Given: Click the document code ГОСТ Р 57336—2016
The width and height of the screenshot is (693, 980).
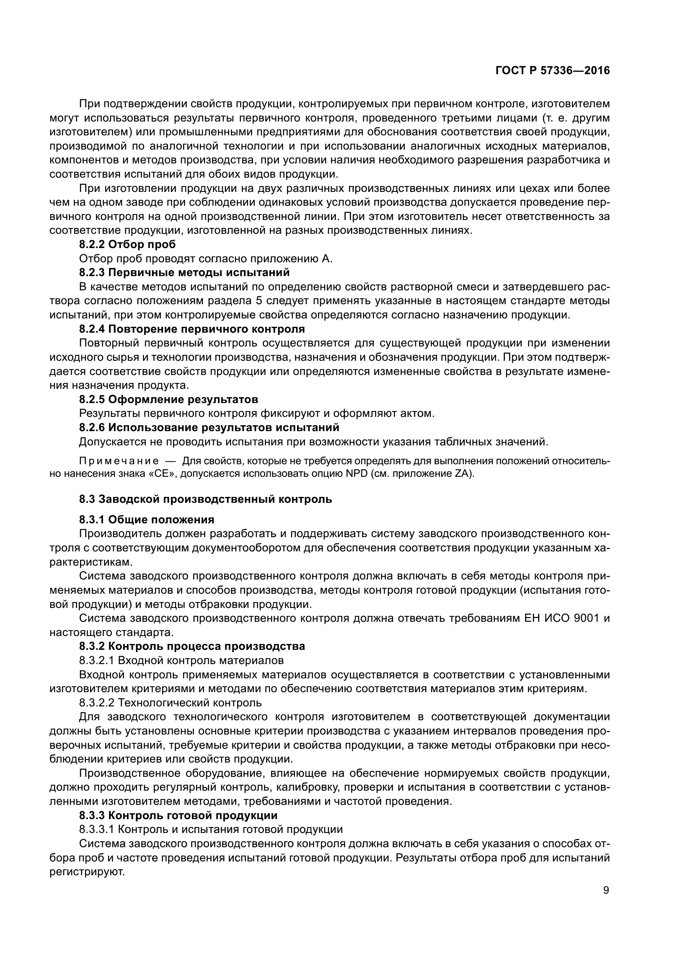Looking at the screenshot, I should click(x=553, y=71).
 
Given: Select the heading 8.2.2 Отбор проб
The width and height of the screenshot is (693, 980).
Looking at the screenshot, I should click(x=127, y=245).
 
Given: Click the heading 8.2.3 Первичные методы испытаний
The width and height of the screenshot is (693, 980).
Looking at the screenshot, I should click(x=184, y=272).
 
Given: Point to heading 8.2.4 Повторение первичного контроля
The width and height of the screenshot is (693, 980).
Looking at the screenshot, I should click(x=192, y=329).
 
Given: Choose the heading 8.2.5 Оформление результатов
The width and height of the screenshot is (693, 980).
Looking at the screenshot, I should click(x=168, y=400).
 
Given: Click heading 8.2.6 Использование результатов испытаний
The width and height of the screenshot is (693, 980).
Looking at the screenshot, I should click(x=209, y=427).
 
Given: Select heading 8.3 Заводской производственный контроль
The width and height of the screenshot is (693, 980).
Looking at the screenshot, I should click(x=205, y=499).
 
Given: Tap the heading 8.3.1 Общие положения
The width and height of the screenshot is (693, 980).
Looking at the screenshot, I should click(x=146, y=520).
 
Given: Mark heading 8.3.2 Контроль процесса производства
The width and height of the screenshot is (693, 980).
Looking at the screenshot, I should click(x=192, y=646).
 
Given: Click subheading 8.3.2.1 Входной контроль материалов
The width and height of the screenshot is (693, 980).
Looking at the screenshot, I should click(x=181, y=661).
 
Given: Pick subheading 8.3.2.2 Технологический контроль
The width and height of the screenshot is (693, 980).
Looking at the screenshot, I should click(x=170, y=703).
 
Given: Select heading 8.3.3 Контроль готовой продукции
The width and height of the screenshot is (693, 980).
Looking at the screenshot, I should click(x=178, y=815).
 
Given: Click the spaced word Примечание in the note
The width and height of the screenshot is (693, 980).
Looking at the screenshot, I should click(x=119, y=461).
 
